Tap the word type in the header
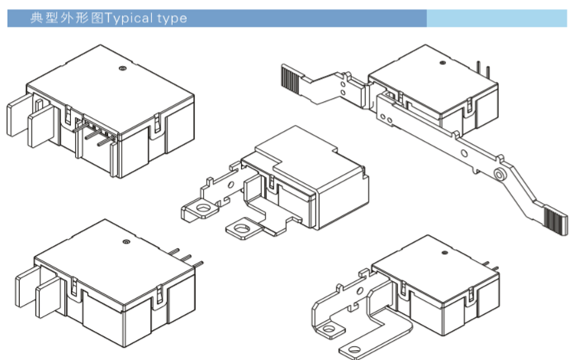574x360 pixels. coord(172,18)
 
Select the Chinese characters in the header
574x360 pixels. coord(67,18)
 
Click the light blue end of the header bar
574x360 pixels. coord(497,18)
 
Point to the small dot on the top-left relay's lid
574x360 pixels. coord(122,67)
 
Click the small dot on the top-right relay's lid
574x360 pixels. coord(442,63)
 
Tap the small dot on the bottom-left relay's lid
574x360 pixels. coord(126,242)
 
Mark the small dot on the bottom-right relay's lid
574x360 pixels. coord(445,253)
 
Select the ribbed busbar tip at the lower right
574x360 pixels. coord(556,221)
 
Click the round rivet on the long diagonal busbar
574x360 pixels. coord(498,175)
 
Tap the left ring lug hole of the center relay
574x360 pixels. coord(203,208)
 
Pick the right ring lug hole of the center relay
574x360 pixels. coord(242,229)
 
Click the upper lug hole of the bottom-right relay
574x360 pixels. coord(329,329)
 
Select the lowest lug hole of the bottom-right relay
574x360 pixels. coord(354,349)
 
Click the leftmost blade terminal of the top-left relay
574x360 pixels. coord(19,115)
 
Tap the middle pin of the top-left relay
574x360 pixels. coord(93,135)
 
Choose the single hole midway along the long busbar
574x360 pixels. coord(464,153)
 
